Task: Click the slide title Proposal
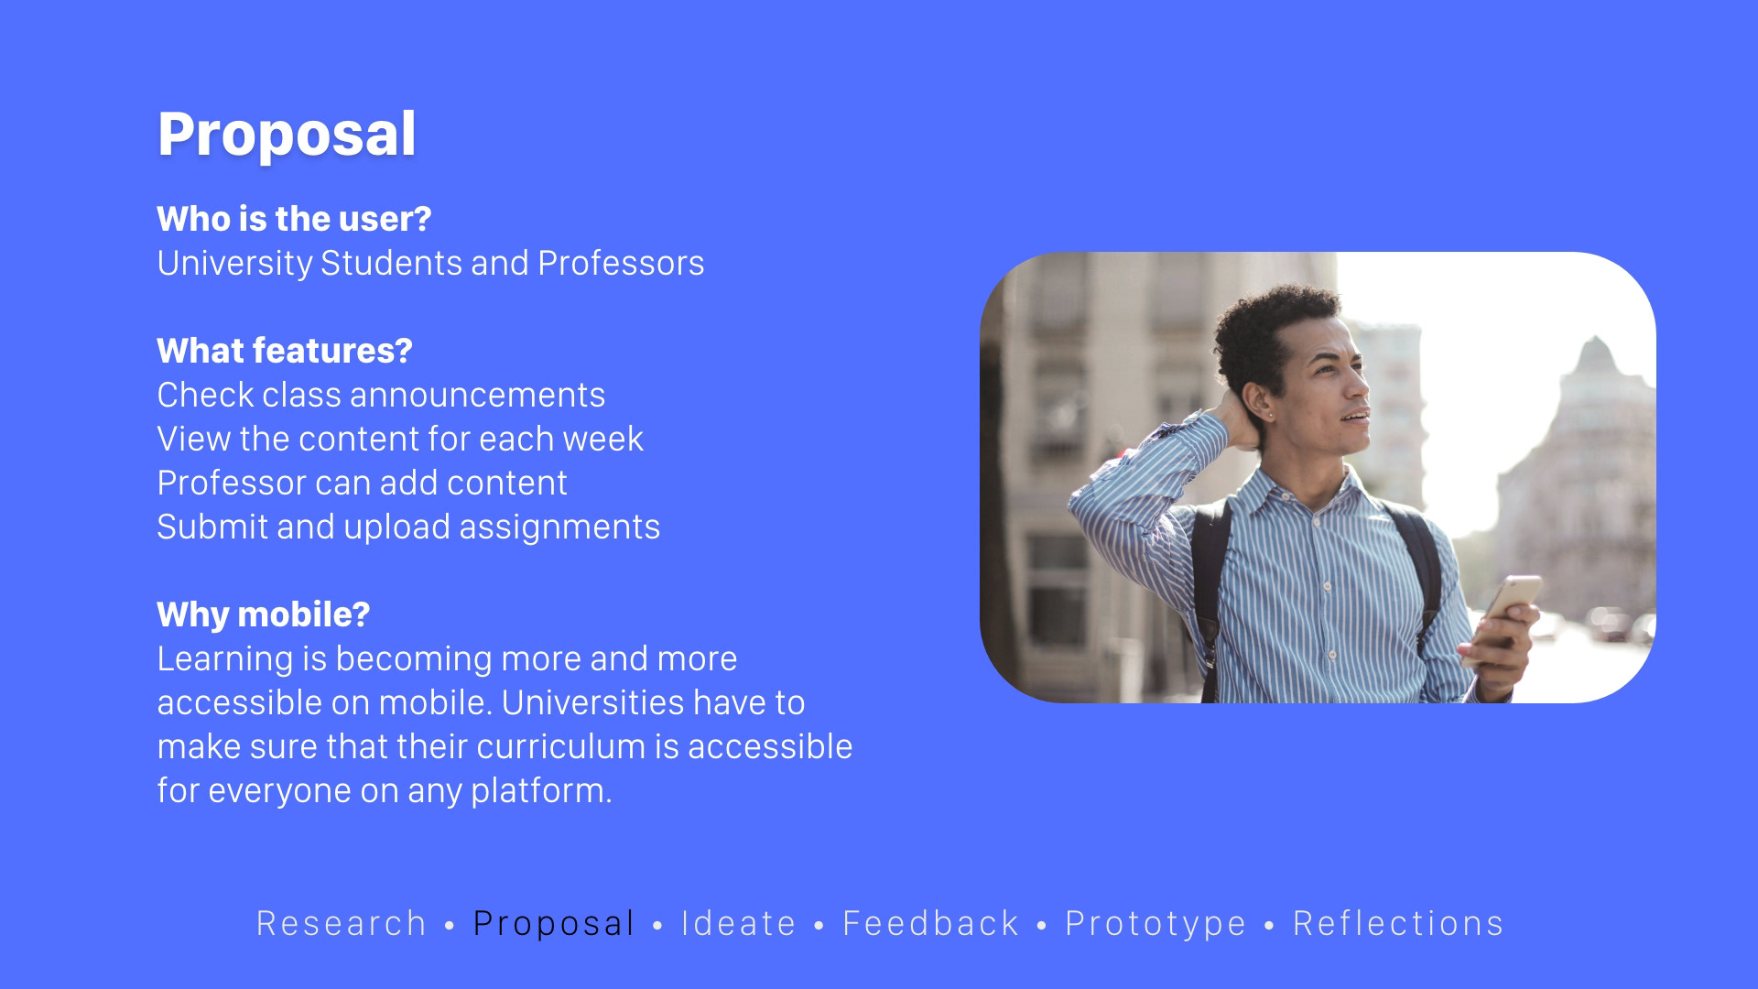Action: point(287,135)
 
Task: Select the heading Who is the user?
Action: point(294,219)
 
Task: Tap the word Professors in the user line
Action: point(621,263)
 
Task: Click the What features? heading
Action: point(285,351)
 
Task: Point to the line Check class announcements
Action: point(381,395)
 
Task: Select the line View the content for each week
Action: point(400,439)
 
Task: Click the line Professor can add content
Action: point(363,483)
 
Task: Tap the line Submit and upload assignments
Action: point(408,527)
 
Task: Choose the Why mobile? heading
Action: point(264,614)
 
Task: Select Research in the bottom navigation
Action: point(342,923)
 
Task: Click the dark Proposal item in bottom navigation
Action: point(554,924)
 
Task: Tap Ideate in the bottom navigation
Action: point(739,923)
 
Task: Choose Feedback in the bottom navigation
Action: point(931,923)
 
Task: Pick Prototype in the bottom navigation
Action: point(1156,924)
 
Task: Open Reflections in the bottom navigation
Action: point(1398,923)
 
